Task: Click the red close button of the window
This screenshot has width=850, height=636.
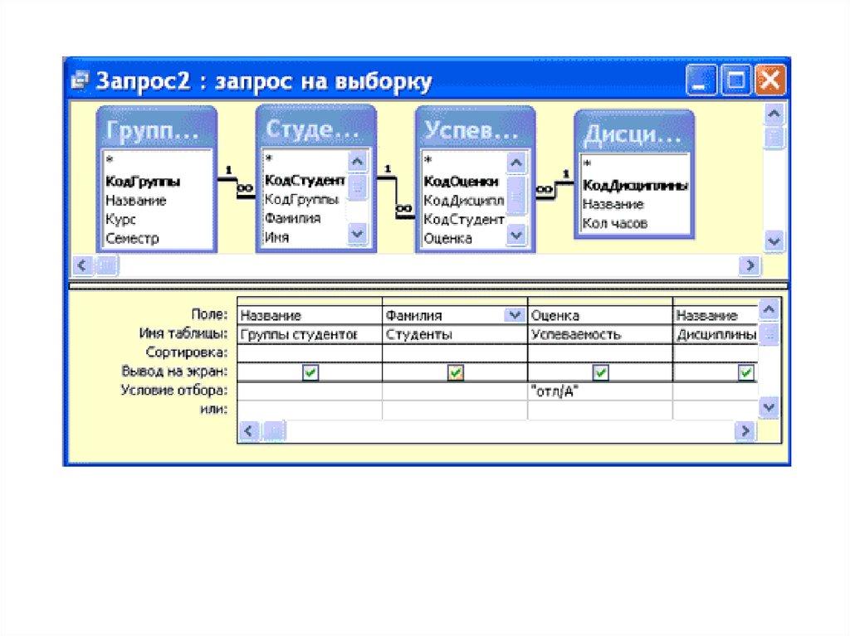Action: [769, 80]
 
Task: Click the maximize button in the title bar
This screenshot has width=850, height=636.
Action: [735, 80]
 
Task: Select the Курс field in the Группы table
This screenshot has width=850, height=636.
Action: [120, 220]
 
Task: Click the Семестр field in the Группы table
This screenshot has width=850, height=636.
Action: [132, 238]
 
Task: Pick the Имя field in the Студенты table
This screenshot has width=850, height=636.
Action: [276, 237]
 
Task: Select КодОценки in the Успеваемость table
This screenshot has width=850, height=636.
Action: [461, 182]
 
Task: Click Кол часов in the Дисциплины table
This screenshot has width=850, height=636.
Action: [615, 223]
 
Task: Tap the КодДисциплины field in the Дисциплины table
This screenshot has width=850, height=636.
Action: [635, 185]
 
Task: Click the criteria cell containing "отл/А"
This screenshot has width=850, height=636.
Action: [599, 391]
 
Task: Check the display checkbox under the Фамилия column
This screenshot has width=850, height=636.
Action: [456, 372]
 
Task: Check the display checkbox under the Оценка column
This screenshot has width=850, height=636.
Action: [601, 372]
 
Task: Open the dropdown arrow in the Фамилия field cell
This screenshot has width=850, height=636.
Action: [514, 315]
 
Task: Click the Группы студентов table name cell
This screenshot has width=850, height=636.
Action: [310, 334]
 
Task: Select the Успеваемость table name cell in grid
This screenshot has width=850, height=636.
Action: [599, 334]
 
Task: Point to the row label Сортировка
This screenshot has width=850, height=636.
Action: [187, 352]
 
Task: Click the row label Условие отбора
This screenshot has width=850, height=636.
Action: [174, 390]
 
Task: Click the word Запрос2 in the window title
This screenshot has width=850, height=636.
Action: [143, 80]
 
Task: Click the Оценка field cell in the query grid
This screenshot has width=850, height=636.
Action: [599, 315]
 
